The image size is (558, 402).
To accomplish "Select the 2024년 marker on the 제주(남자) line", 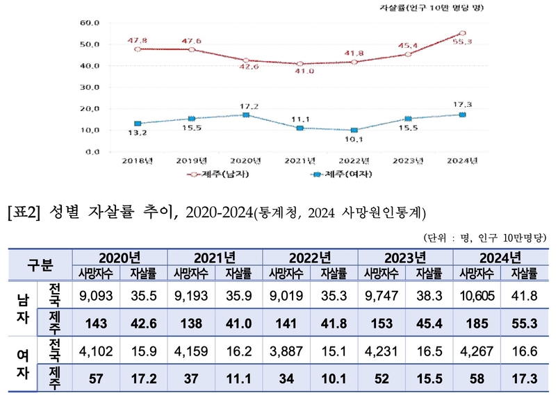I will coord(462,33).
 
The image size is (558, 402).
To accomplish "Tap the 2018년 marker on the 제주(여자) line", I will coord(138,124).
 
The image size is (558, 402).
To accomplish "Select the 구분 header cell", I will coord(40,265).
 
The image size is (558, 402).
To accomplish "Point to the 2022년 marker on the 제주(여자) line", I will coord(354,130).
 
